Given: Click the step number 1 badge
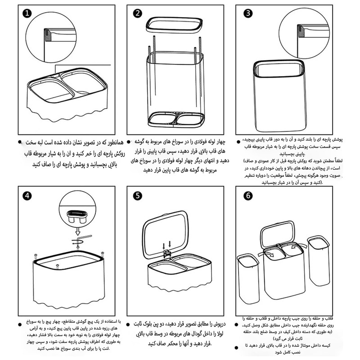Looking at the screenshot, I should pyautogui.click(x=28, y=13).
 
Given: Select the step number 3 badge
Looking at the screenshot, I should pyautogui.click(x=248, y=13).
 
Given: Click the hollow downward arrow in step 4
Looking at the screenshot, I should pyautogui.click(x=77, y=233).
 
